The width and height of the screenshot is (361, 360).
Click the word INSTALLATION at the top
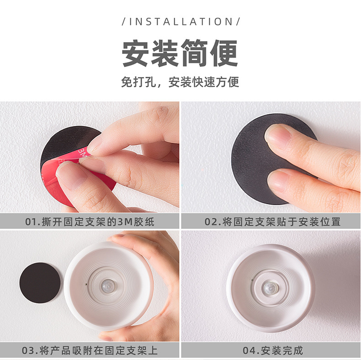(x=180, y=21)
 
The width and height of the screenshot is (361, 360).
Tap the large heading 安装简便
(x=180, y=54)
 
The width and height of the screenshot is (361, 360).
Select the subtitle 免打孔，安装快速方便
(x=180, y=82)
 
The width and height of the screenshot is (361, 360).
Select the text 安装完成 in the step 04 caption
(x=281, y=351)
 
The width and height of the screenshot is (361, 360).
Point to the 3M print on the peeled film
(x=82, y=153)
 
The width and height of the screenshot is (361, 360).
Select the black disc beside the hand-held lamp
(x=40, y=282)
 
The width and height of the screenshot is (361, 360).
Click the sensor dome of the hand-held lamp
(x=109, y=284)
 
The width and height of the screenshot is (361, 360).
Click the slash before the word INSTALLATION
(x=124, y=21)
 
